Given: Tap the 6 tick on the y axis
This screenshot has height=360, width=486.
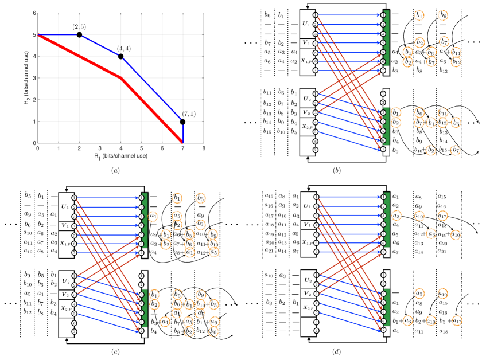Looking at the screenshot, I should click(33, 13).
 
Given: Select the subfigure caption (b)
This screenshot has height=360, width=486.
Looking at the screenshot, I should click(364, 170).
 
